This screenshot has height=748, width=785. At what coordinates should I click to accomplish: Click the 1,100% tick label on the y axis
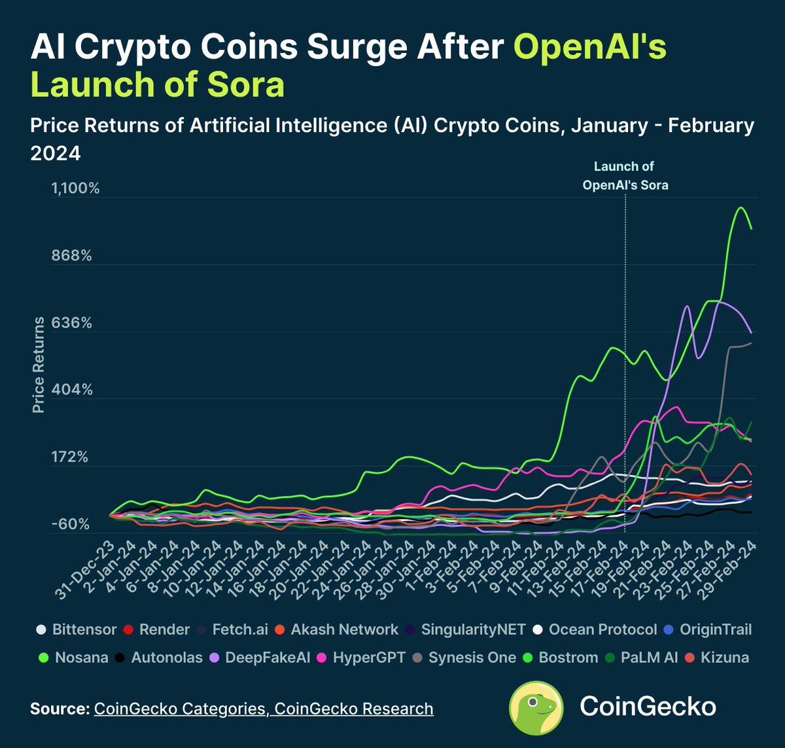pyautogui.click(x=75, y=188)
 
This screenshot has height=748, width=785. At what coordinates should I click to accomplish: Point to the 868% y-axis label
pyautogui.click(x=71, y=256)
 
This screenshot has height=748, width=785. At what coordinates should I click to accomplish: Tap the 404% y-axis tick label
pyautogui.click(x=72, y=389)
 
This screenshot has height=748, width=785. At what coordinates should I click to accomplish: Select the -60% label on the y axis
pyautogui.click(x=70, y=524)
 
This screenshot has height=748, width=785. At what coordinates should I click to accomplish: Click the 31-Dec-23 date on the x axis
pyautogui.click(x=85, y=570)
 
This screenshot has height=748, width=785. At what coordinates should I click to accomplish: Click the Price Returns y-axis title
pyautogui.click(x=39, y=365)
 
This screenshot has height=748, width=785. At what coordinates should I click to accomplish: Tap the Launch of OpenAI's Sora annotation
pyautogui.click(x=625, y=176)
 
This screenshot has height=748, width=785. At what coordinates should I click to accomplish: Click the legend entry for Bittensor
pyautogui.click(x=77, y=630)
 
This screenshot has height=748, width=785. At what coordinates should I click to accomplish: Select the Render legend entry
pyautogui.click(x=156, y=630)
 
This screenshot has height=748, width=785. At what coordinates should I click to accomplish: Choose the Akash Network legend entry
pyautogui.click(x=337, y=630)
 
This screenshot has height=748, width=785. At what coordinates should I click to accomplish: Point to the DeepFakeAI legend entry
pyautogui.click(x=260, y=658)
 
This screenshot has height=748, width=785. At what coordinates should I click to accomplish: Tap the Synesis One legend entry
pyautogui.click(x=464, y=658)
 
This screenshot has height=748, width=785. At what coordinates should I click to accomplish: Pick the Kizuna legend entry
pyautogui.click(x=717, y=658)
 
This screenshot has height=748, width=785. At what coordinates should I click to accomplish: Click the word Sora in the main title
pyautogui.click(x=245, y=84)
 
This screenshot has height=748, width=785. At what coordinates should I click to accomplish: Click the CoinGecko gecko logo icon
pyautogui.click(x=536, y=708)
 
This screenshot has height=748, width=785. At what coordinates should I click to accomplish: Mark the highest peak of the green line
pyautogui.click(x=741, y=207)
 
